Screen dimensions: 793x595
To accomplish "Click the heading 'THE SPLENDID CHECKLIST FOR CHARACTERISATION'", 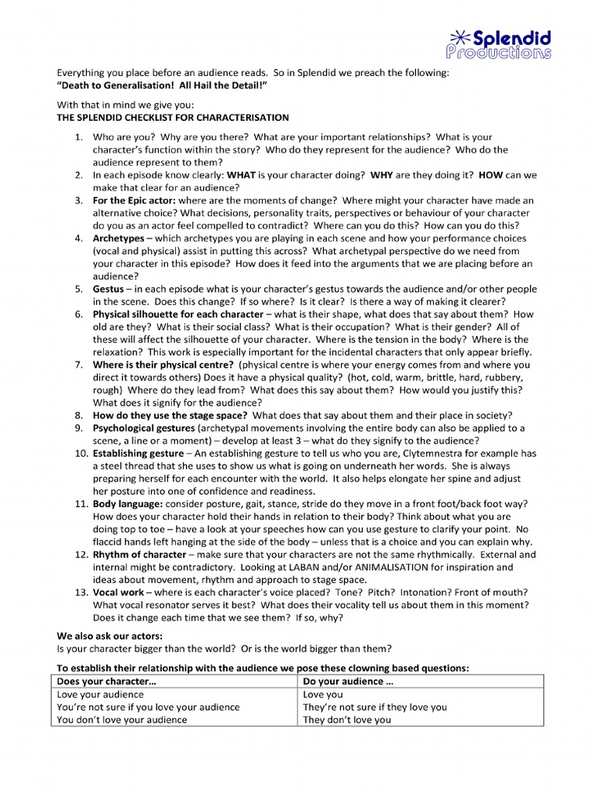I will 173,118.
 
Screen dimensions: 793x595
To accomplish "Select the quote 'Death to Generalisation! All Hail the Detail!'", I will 162,85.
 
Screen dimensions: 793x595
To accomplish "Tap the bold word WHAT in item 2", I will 241,175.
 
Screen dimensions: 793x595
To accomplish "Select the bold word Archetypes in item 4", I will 119,239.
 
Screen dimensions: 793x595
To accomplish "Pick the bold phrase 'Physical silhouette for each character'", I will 178,314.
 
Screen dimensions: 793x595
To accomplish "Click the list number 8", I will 79,415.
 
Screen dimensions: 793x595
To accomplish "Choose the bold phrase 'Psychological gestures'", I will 144,427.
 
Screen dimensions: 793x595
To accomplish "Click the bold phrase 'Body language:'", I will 128,503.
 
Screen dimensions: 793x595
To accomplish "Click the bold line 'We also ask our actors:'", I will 110,636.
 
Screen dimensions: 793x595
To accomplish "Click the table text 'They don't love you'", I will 347,719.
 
